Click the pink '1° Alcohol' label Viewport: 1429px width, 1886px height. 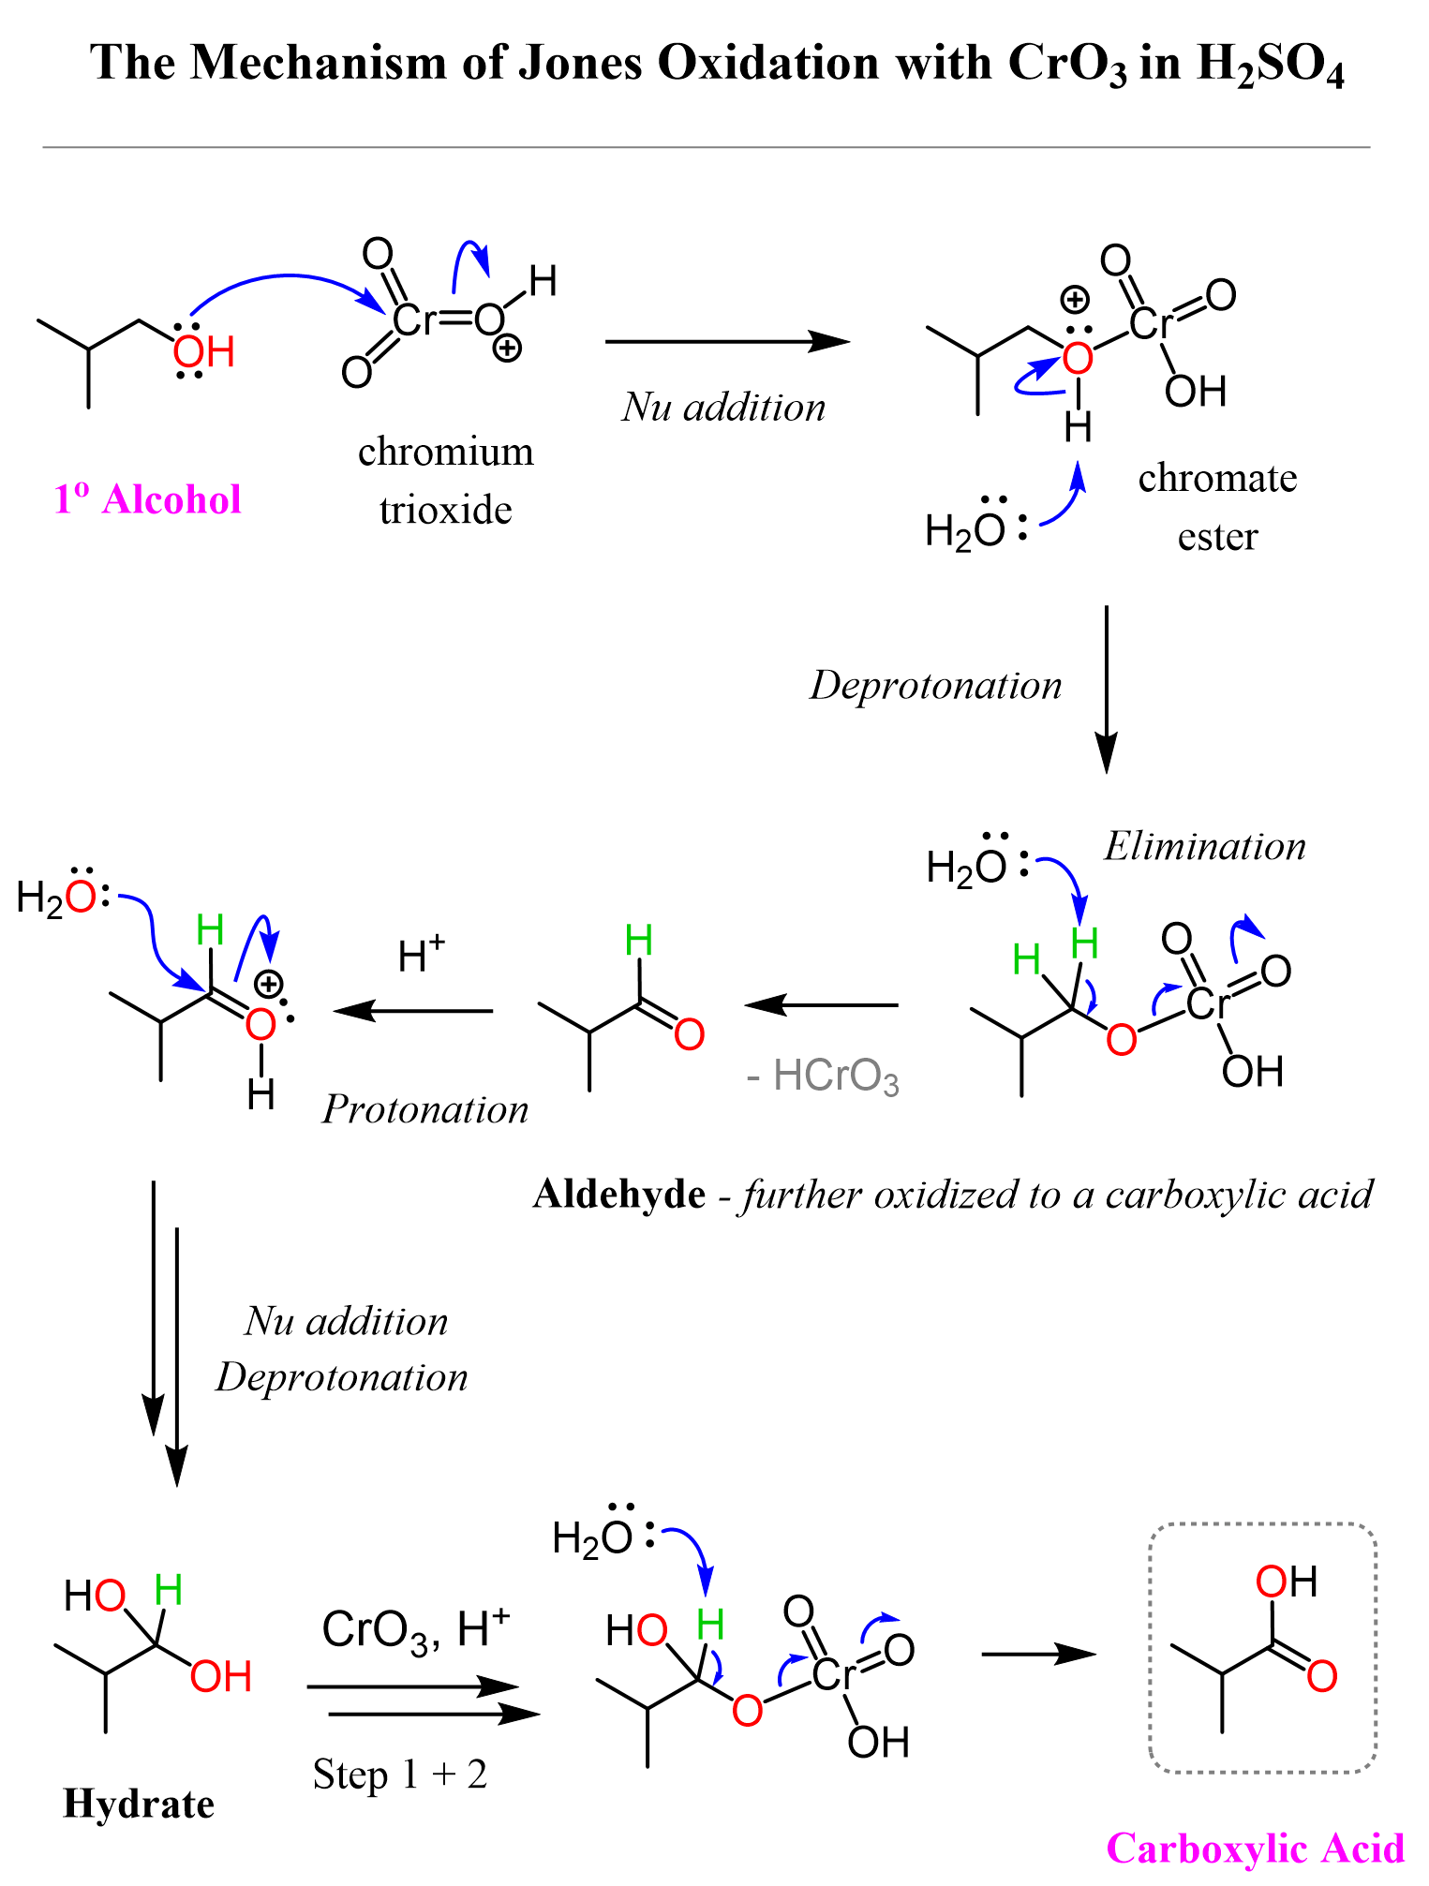click(147, 499)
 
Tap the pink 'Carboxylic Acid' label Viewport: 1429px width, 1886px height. click(1255, 1849)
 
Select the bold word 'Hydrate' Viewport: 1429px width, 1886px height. click(139, 1804)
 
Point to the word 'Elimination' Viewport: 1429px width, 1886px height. click(1204, 846)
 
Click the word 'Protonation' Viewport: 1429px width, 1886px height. click(425, 1109)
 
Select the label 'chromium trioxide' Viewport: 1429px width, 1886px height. click(446, 481)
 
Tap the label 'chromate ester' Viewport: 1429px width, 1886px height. click(1217, 507)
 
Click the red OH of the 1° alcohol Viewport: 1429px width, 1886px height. click(203, 352)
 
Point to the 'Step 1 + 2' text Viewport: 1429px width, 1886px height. click(400, 1775)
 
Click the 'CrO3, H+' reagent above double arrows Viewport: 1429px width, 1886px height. click(415, 1629)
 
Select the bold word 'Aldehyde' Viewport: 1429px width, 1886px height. click(618, 1195)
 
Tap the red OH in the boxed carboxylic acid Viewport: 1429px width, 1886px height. click(1286, 1582)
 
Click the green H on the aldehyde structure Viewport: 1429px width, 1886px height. click(638, 940)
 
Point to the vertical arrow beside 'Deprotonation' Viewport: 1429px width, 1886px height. click(1107, 689)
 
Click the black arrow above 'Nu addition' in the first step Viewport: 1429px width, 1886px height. click(726, 342)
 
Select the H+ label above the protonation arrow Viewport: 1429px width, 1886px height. click(421, 956)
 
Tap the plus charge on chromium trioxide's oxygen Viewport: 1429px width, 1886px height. click(507, 349)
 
